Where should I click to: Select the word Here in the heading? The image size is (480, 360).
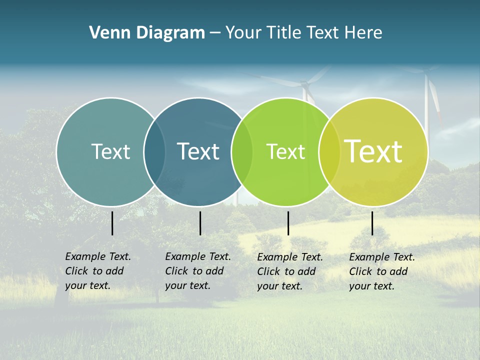click(363, 33)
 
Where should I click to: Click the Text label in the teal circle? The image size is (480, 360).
click(110, 151)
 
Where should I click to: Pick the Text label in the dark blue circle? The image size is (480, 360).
click(198, 151)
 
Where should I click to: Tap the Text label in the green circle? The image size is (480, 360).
click(285, 152)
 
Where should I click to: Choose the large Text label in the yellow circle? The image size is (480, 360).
click(373, 151)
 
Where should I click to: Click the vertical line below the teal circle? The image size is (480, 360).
click(112, 223)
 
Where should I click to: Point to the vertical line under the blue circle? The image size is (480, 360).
click(200, 223)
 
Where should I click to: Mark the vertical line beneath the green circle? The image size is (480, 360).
click(288, 223)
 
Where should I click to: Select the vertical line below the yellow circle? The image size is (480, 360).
click(372, 223)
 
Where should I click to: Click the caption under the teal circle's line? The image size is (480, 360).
click(98, 271)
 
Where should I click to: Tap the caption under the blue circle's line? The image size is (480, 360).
click(198, 271)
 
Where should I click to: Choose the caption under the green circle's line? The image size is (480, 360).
click(290, 271)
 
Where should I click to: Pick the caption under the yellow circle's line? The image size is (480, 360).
click(382, 271)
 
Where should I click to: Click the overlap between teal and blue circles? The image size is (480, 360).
click(154, 152)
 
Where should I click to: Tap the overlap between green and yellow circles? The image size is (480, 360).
click(329, 152)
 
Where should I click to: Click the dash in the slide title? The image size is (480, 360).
click(214, 33)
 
